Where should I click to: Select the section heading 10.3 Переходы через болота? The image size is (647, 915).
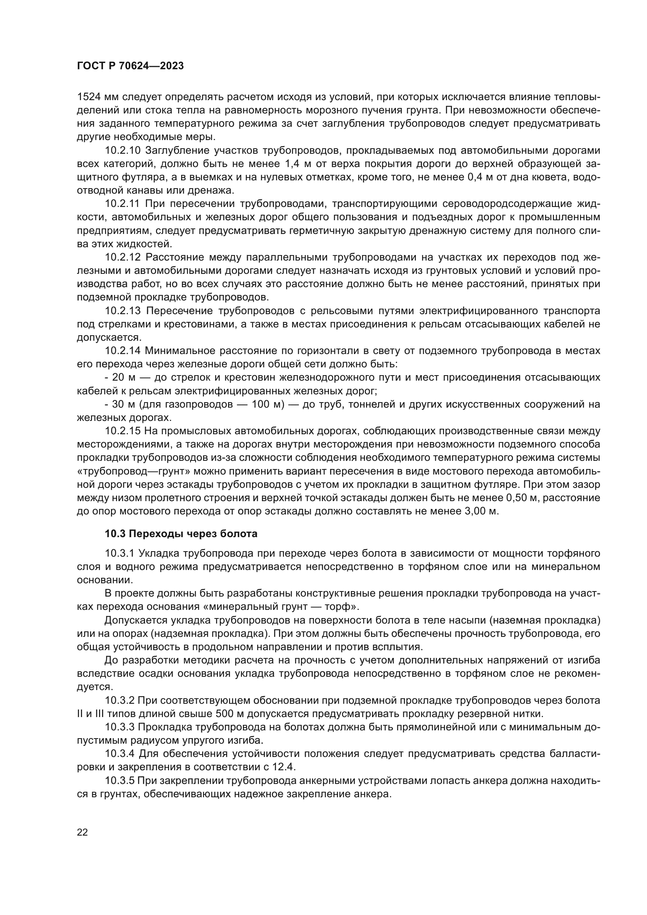[x=181, y=534]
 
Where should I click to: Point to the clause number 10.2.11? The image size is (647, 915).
[x=122, y=204]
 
